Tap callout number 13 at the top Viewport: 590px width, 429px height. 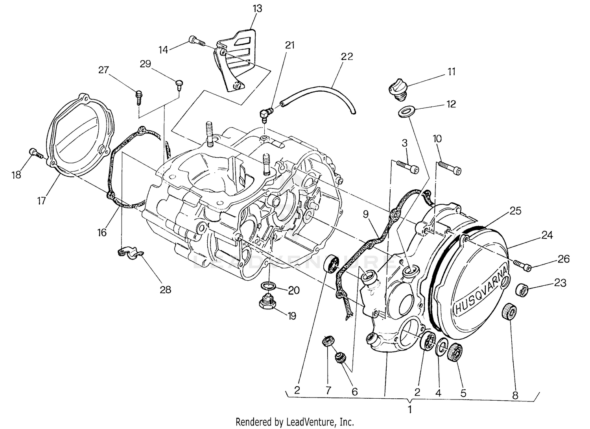[x=258, y=8]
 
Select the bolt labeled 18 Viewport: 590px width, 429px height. [x=36, y=153]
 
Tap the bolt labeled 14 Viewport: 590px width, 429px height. [x=197, y=40]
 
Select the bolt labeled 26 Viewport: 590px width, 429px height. [x=523, y=266]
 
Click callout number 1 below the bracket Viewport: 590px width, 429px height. [x=409, y=409]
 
